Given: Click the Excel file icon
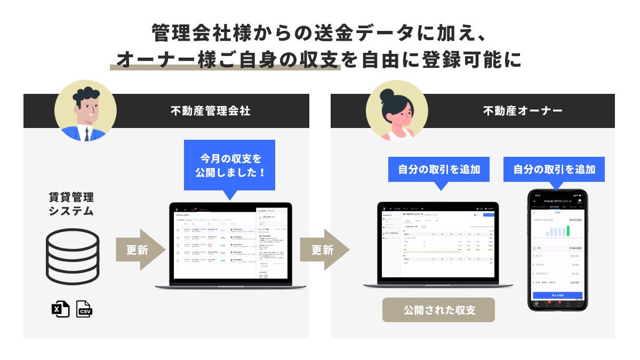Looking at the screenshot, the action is [x=60, y=309].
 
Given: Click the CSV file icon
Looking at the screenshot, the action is [x=84, y=309].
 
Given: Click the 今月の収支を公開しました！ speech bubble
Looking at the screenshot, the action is [x=229, y=166].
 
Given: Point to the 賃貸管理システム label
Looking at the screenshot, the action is [x=71, y=204].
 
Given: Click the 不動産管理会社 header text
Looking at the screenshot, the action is [x=210, y=111].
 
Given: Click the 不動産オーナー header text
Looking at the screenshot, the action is [x=523, y=111].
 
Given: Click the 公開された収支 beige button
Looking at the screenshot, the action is [x=438, y=310].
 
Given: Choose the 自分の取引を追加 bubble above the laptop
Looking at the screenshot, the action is [x=439, y=170].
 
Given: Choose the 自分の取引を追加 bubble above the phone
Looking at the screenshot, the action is [x=554, y=170].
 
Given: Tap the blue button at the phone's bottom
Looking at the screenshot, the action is [x=557, y=295].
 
